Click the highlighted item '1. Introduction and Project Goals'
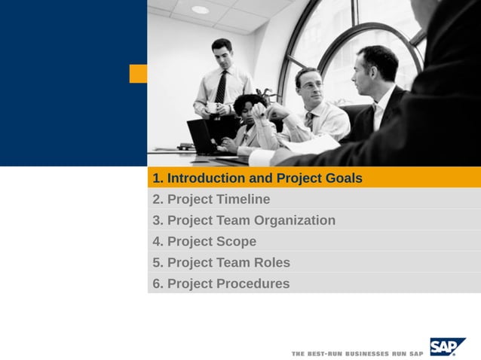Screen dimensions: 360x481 click(x=257, y=178)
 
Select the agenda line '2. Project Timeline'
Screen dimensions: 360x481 click(x=211, y=200)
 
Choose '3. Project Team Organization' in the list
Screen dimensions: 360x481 click(x=244, y=221)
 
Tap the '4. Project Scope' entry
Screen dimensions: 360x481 click(x=204, y=242)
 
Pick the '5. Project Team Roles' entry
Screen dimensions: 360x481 click(x=221, y=263)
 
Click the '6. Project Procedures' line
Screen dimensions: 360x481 click(x=221, y=284)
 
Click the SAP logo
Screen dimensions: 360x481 click(x=447, y=346)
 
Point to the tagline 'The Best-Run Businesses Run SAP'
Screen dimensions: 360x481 click(x=357, y=352)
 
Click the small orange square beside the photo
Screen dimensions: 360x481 click(x=138, y=74)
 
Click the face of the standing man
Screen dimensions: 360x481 click(x=222, y=55)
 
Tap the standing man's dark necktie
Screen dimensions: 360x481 click(x=220, y=87)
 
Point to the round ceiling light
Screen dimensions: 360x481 click(x=200, y=10)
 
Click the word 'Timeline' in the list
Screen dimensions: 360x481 click(x=244, y=200)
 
